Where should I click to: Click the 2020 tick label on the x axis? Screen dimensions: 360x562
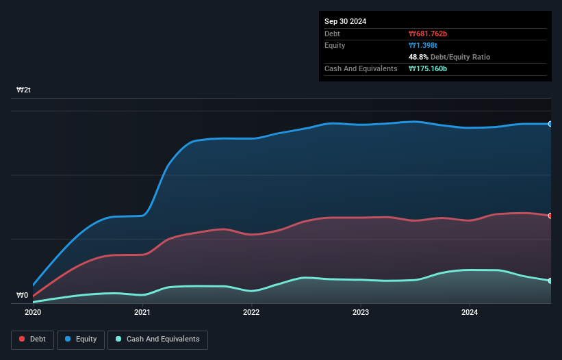[33, 312]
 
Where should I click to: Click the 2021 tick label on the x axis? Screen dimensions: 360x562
[142, 312]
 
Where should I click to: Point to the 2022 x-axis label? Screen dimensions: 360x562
[251, 312]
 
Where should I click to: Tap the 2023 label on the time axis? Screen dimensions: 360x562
[361, 312]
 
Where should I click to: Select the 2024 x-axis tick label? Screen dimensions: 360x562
[470, 312]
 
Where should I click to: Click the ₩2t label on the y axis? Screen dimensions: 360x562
[24, 90]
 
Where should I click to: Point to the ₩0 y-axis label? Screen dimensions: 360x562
[23, 296]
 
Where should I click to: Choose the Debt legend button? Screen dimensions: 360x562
[31, 339]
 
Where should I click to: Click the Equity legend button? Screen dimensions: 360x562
[81, 339]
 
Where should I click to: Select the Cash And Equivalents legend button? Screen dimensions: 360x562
[157, 339]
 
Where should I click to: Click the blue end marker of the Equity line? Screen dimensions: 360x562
[550, 124]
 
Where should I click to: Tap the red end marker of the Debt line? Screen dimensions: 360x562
[550, 216]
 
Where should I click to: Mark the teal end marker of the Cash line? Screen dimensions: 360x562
[550, 281]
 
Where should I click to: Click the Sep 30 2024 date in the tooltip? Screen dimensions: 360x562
[345, 21]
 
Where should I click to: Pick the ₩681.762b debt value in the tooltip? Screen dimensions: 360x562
[429, 34]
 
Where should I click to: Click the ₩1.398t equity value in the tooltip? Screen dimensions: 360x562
[424, 45]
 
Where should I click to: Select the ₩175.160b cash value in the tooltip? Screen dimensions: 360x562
[428, 68]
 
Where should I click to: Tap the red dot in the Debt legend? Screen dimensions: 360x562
[23, 339]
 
